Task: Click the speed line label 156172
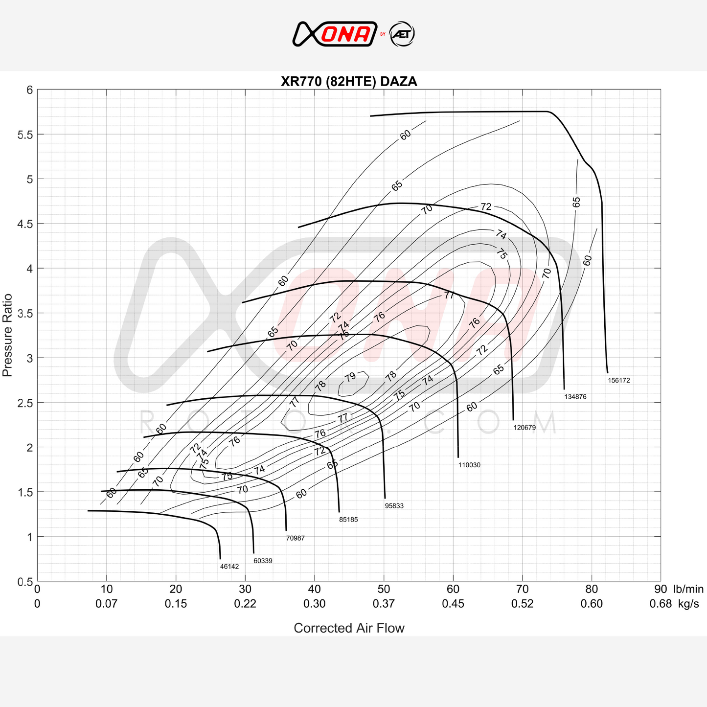coord(618,381)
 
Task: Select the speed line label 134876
coord(575,397)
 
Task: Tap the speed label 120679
coord(525,428)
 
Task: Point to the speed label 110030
coord(469,465)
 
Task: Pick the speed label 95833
coord(394,505)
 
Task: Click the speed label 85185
coord(348,520)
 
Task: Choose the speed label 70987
coord(296,538)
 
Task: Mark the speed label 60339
coord(263,561)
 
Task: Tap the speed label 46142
coord(229,567)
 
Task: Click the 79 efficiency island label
coord(350,377)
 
